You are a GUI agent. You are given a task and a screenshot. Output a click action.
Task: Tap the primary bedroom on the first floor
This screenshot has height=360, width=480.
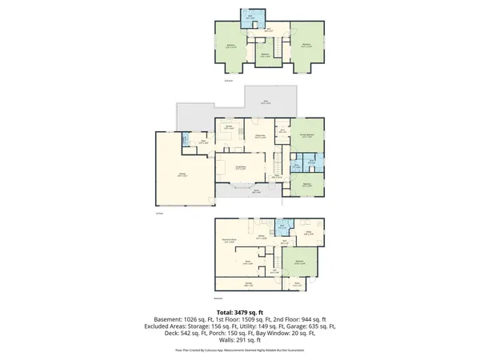[x=306, y=137]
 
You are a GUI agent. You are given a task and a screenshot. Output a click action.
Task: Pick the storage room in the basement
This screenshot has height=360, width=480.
[x=248, y=284]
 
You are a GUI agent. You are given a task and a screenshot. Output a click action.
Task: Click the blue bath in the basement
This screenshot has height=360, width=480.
[x=282, y=226]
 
